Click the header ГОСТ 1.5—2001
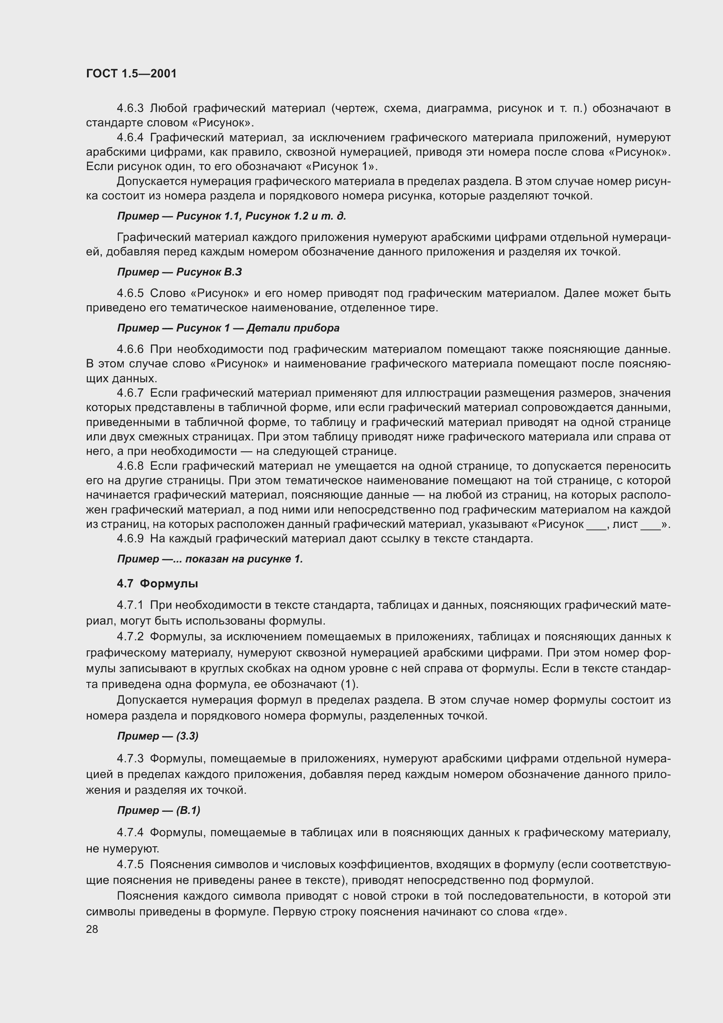pos(131,73)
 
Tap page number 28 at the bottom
pos(92,929)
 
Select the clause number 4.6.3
pos(130,108)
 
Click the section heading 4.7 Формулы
pos(158,583)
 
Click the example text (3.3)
pos(188,736)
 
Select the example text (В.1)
pos(188,810)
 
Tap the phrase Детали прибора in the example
pos(293,328)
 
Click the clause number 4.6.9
pos(130,539)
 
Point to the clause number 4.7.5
pos(130,864)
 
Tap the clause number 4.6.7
pos(130,393)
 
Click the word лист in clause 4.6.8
pos(625,524)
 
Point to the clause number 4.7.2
pos(130,637)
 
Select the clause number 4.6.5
pos(130,293)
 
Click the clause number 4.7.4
pos(130,832)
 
